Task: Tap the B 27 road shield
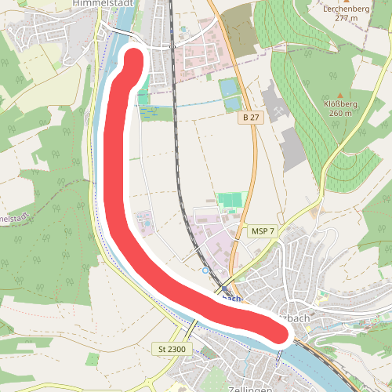click(250, 117)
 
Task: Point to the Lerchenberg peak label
click(344, 9)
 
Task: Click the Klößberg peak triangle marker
click(339, 94)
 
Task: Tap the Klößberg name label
click(340, 103)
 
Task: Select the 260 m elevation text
click(340, 113)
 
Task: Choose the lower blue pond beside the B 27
click(232, 103)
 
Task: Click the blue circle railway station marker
click(205, 270)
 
